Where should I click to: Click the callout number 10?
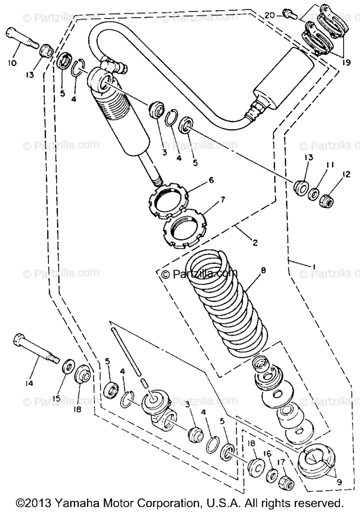coord(12,63)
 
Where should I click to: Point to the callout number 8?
coord(263,270)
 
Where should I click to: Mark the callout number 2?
coord(255,243)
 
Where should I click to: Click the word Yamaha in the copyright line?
coord(74,502)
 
